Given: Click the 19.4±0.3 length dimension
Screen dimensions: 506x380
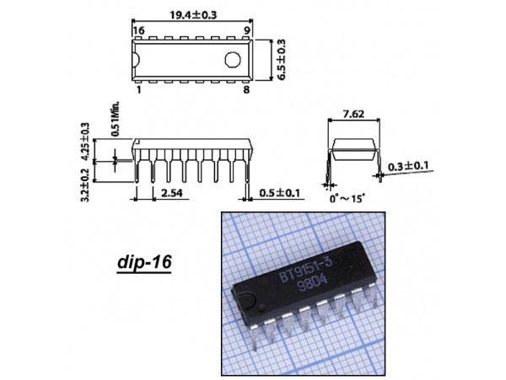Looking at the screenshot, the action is pyautogui.click(x=193, y=15).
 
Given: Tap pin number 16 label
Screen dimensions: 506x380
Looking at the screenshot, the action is pyautogui.click(x=139, y=30).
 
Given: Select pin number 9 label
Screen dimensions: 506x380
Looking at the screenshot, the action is pyautogui.click(x=247, y=30).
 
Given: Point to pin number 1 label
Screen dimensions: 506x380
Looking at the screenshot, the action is pyautogui.click(x=139, y=89).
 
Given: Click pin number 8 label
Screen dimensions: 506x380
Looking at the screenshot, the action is pyautogui.click(x=246, y=89).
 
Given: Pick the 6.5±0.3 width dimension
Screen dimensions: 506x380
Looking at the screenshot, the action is pyautogui.click(x=282, y=60).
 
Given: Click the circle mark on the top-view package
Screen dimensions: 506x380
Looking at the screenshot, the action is pyautogui.click(x=233, y=60).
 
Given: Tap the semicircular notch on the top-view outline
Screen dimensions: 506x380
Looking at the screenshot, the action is pyautogui.click(x=136, y=60).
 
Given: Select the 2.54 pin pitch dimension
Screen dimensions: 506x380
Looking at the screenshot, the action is pyautogui.click(x=172, y=193).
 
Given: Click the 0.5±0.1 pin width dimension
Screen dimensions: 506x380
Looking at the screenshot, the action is pyautogui.click(x=280, y=193).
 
